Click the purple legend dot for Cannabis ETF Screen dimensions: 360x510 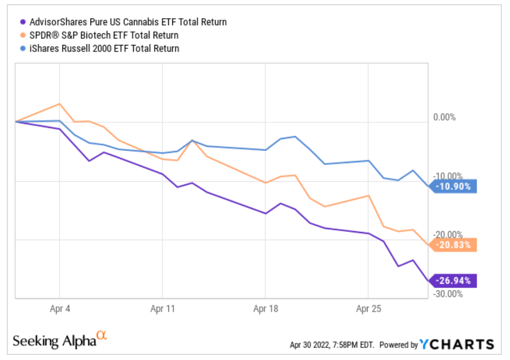point(23,22)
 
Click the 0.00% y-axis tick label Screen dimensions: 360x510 point(444,117)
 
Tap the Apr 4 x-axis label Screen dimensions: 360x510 point(59,309)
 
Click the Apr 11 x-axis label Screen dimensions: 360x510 point(162,309)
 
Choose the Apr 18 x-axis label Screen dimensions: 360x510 point(265,309)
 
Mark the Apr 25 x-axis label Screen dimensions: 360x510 point(368,309)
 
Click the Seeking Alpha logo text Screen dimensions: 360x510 point(54,341)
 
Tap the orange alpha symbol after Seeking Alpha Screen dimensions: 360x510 point(101,335)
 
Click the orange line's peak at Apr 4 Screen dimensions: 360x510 point(59,104)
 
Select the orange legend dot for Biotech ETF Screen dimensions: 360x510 point(23,35)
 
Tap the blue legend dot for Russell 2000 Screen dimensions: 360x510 point(23,48)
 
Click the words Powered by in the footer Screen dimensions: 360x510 point(399,345)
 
